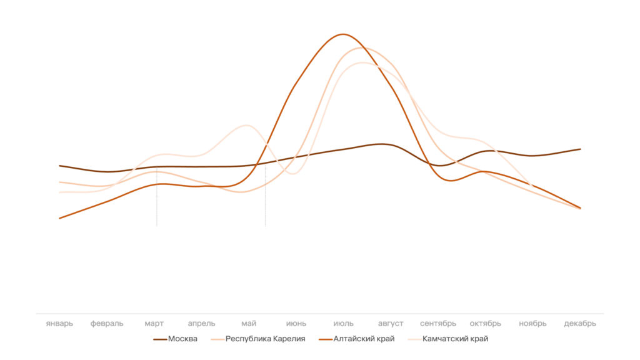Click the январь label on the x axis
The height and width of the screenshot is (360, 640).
tap(59, 324)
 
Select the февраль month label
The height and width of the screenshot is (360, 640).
tap(107, 324)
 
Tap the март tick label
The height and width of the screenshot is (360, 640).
tap(154, 324)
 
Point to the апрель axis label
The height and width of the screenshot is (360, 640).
tap(201, 324)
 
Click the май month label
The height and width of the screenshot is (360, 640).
tap(249, 324)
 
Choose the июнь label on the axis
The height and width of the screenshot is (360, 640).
tap(296, 324)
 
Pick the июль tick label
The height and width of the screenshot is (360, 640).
tap(343, 324)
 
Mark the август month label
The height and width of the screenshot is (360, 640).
tap(391, 324)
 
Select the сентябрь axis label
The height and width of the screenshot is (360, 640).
tap(438, 324)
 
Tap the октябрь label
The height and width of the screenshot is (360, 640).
tap(486, 324)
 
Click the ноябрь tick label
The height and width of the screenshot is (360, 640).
tap(532, 324)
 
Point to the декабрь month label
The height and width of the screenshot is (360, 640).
tap(580, 324)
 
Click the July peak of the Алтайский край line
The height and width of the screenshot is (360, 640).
tap(342, 34)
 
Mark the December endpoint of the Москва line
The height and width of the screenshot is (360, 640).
tap(581, 149)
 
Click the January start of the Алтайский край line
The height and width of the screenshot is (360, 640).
tap(60, 218)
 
